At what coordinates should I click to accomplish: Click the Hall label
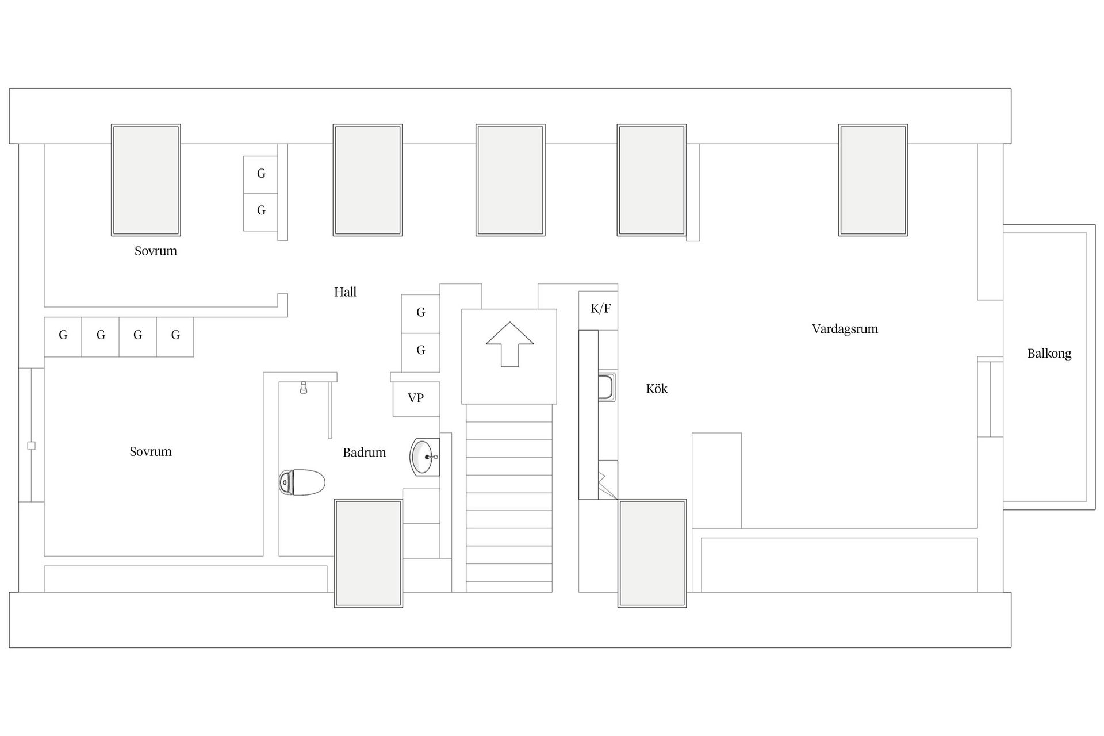coord(345,292)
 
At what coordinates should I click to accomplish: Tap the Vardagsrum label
coord(845,329)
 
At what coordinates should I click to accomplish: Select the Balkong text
coord(1049,354)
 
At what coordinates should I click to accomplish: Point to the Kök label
coord(657,389)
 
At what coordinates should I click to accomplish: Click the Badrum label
coord(364,453)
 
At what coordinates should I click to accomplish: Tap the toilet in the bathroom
coord(302,482)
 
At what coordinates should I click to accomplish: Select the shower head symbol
coord(304,388)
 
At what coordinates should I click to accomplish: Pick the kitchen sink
coord(607,386)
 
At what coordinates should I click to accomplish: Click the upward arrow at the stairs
coord(510,344)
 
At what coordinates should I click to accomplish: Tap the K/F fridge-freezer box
coord(599,310)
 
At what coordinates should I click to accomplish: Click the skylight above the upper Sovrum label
coord(146,180)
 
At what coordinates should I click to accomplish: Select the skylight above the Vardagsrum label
coord(873,180)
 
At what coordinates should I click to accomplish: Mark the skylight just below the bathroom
coord(369,553)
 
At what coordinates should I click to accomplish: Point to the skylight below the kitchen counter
coord(652,553)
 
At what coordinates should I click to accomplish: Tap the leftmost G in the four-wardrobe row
coord(63,337)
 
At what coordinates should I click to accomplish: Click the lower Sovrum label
coord(151,452)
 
